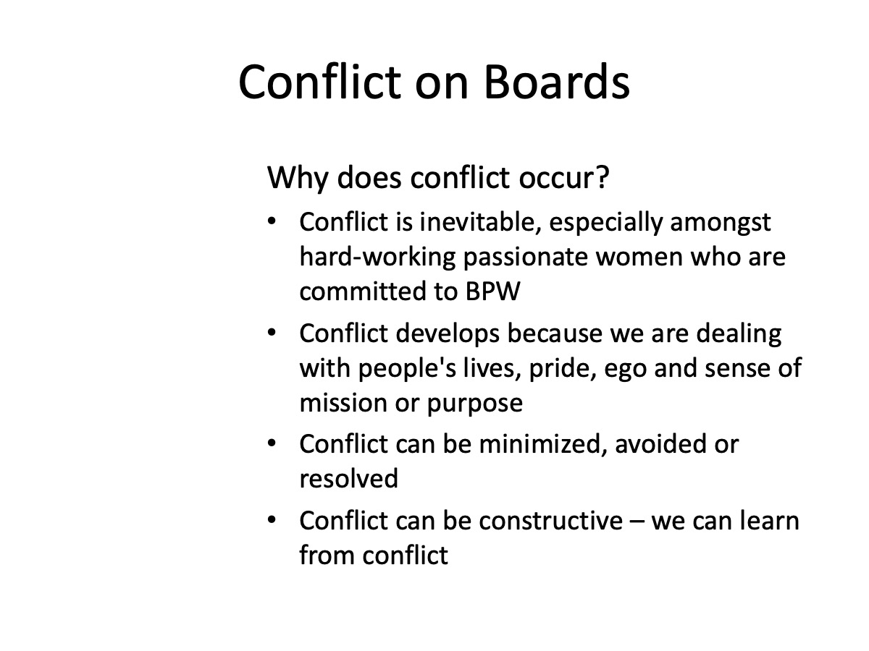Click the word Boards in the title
click(x=557, y=82)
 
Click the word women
click(x=639, y=258)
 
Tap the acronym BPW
click(x=492, y=292)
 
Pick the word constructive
click(x=550, y=521)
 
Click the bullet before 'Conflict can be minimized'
click(x=272, y=443)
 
